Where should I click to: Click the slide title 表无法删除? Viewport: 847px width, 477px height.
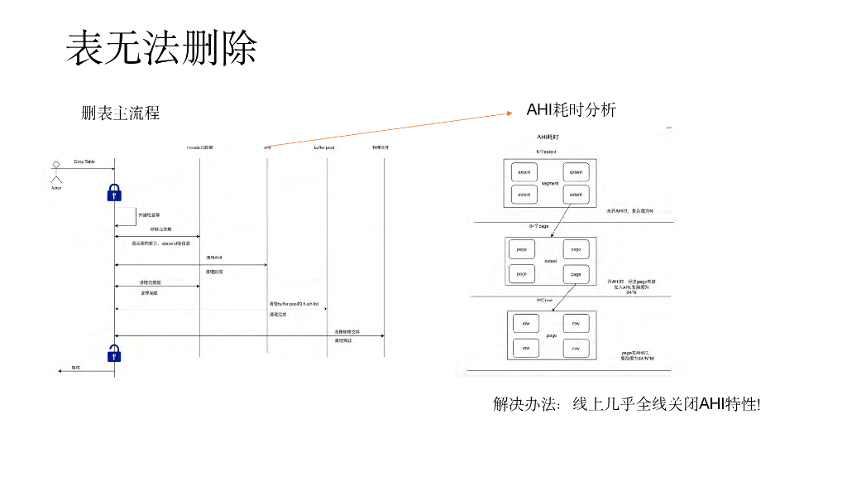161,49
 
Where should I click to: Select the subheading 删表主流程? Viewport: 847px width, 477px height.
121,113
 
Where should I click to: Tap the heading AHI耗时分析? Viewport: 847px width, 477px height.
571,110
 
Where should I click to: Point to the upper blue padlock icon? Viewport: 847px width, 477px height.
115,191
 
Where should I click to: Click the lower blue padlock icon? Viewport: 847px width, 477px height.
115,354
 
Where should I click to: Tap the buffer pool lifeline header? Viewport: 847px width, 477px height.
323,147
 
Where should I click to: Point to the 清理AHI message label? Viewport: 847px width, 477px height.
213,258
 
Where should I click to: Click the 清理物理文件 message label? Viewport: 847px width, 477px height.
347,330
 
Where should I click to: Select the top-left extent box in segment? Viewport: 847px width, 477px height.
524,172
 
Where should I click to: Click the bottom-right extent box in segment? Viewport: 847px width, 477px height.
576,195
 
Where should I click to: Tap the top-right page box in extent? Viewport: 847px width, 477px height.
576,249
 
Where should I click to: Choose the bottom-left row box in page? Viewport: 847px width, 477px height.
524,349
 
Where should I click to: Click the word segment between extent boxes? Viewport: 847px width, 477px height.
550,183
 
